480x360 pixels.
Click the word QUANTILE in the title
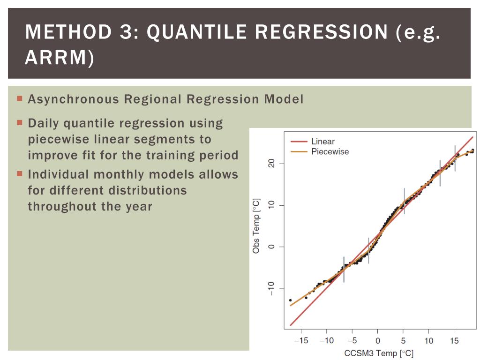197,32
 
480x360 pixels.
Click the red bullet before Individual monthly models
20,174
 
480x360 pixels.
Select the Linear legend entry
322,142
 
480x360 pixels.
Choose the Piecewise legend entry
330,151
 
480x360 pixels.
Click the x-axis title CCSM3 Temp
379,353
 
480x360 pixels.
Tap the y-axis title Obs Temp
256,226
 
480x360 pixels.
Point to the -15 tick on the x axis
301,341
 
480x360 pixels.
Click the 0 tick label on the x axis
378,341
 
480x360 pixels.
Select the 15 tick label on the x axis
454,341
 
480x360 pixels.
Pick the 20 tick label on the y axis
270,164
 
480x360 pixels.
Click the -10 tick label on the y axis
270,288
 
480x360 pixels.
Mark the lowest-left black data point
290,300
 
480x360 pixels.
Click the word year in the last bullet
138,206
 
